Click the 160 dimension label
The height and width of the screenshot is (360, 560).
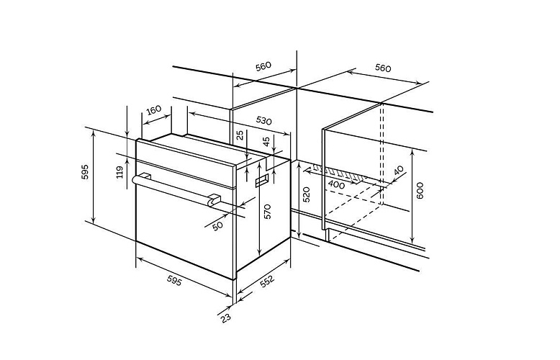click(x=154, y=109)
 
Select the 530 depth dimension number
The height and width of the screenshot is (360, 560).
click(x=263, y=121)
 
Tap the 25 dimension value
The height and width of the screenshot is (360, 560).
click(x=240, y=135)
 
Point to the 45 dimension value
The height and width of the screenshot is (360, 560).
click(x=266, y=142)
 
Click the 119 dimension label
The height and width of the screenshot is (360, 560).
click(x=120, y=172)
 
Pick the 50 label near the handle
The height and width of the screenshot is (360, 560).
click(x=217, y=225)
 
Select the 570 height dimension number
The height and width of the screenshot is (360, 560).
click(x=268, y=212)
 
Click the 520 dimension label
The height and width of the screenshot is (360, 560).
click(x=307, y=194)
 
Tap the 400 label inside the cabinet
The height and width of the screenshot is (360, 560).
click(x=336, y=185)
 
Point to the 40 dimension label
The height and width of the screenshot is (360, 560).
click(x=399, y=171)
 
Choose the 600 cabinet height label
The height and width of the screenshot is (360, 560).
click(x=420, y=191)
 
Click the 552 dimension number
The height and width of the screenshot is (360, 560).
click(x=267, y=281)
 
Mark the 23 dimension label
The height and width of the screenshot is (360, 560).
click(x=226, y=318)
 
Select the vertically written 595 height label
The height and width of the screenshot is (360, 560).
click(x=85, y=172)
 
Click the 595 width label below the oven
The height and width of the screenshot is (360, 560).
click(x=174, y=282)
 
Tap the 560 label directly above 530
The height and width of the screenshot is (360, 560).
click(x=263, y=66)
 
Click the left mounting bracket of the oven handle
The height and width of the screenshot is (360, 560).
click(x=145, y=176)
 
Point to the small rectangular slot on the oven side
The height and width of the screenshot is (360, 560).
click(x=262, y=181)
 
